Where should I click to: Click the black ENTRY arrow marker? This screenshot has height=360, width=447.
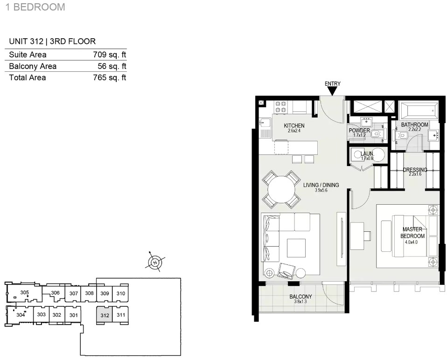coord(332,91)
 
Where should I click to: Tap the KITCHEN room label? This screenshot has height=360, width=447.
coord(294,125)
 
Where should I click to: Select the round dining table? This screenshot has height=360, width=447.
coord(282,190)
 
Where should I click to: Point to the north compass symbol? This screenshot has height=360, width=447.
coord(155,262)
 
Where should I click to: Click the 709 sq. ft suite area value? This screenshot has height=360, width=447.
coord(110,55)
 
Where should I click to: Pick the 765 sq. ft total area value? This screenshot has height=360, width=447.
coord(110,78)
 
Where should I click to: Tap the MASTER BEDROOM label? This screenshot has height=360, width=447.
coord(412,232)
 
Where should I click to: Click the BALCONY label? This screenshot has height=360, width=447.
coord(301,297)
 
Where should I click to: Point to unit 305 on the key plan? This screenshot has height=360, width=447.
coord(25,292)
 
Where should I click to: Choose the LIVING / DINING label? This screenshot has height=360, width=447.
coord(321,185)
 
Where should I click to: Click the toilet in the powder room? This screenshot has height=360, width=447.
coord(377,133)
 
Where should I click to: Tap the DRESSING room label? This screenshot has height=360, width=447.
coord(415,170)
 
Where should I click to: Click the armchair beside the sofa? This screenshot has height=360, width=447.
coord(285,270)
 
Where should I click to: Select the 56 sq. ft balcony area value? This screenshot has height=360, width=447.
coord(112,66)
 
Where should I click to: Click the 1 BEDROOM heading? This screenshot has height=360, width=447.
coord(35,7)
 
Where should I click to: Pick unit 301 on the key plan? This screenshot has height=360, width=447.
coord(73,315)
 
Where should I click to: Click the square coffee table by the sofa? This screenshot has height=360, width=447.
coord(296,248)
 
